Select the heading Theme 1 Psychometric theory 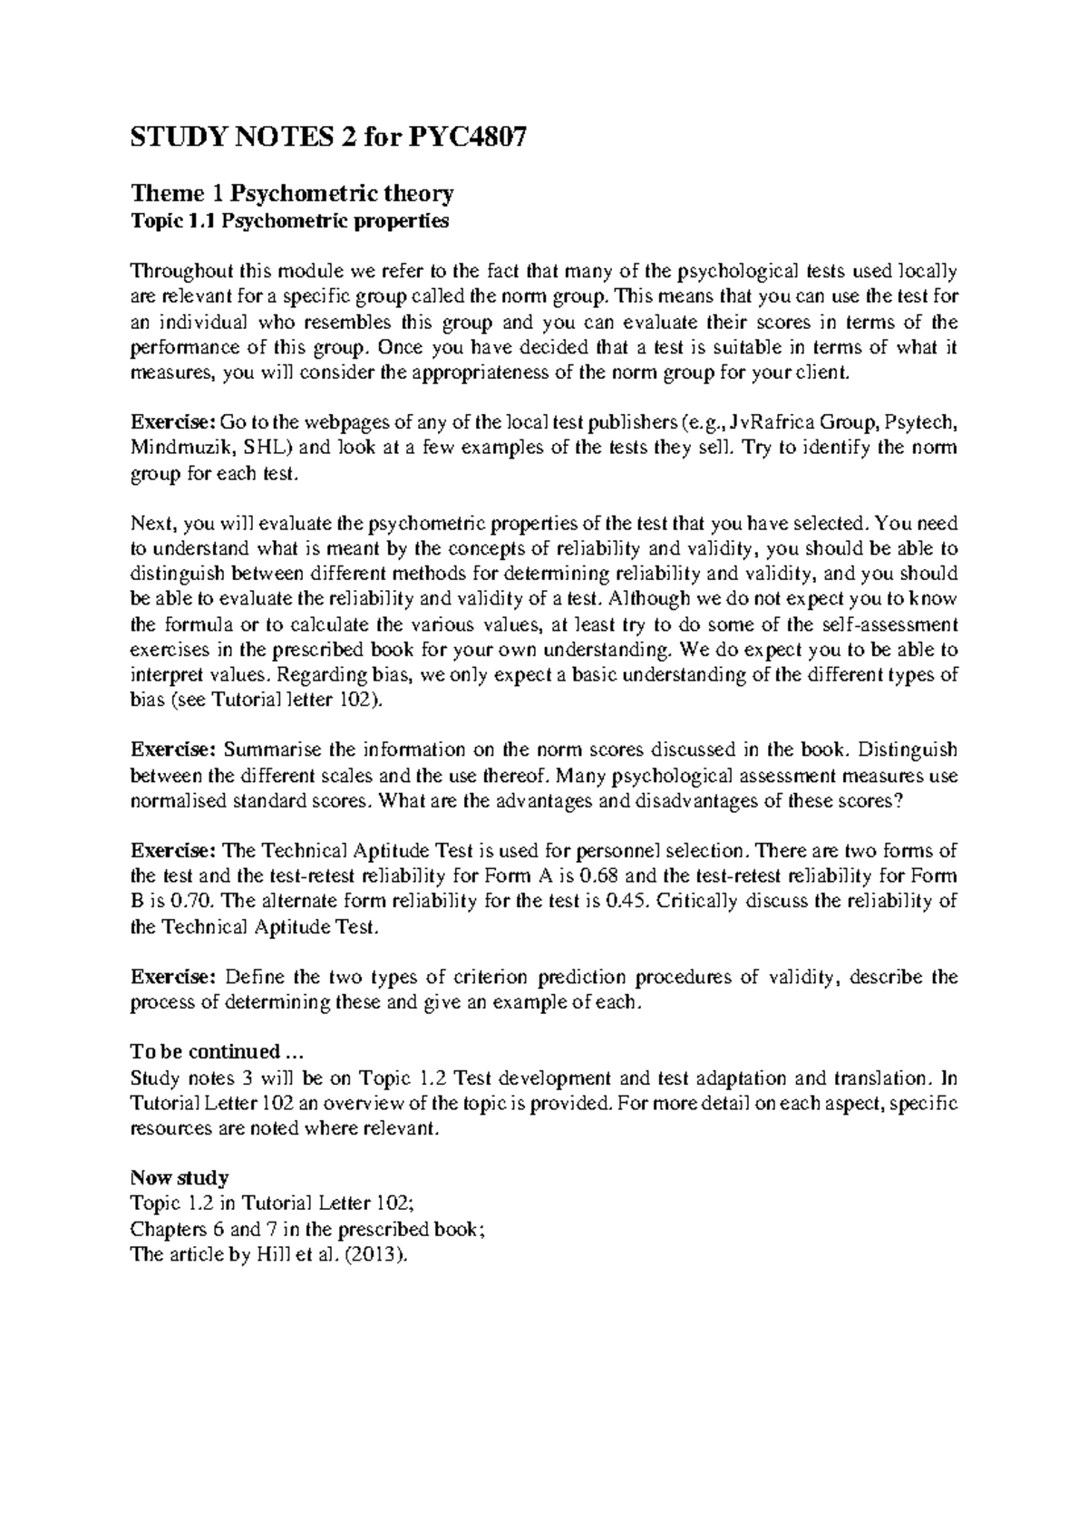pos(292,193)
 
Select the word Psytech pos(918,423)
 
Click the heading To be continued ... pos(214,1052)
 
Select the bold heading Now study pos(180,1179)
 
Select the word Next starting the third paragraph pos(152,524)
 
